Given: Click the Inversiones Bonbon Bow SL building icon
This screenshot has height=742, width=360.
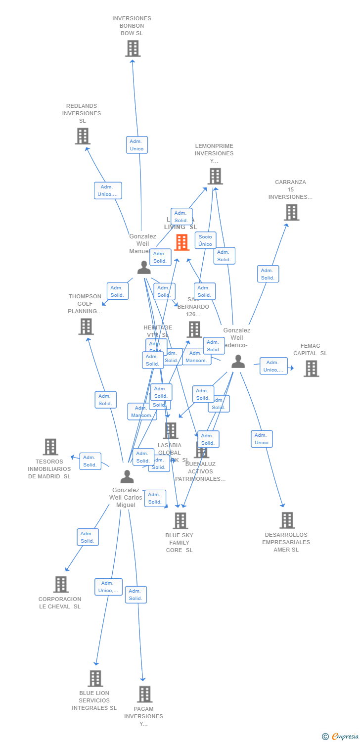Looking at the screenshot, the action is point(133,48).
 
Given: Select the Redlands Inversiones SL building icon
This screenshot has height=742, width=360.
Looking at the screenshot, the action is point(83,136).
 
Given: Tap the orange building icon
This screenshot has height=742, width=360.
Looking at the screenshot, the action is point(181,242).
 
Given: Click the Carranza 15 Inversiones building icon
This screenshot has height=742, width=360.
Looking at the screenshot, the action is point(291,212).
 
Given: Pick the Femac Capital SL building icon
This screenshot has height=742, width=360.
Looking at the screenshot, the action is point(311,369).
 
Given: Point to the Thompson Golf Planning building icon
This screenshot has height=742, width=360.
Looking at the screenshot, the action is point(86,326).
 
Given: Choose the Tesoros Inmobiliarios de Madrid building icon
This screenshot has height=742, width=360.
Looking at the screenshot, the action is point(50,447).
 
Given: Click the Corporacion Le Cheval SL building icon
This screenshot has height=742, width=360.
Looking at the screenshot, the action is point(61,584).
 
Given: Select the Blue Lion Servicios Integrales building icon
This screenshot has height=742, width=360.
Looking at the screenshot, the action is point(95,678).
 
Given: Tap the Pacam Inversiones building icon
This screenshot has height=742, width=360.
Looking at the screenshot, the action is point(144,694).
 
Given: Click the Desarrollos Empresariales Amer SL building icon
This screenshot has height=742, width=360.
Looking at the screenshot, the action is point(287,520).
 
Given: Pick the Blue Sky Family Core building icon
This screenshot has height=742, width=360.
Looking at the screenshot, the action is point(180,520).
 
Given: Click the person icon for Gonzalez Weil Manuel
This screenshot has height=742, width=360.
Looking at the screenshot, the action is point(144,268).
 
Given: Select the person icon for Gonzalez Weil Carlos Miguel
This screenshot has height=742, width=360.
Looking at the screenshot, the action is point(127,477).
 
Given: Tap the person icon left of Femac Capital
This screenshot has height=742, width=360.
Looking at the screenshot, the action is point(238,362).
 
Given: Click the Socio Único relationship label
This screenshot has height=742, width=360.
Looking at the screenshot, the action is point(205,240).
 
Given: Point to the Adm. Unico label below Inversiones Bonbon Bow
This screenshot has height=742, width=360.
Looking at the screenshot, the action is point(136,145).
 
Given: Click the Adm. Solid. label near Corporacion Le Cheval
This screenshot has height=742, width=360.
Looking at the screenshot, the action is point(88,537).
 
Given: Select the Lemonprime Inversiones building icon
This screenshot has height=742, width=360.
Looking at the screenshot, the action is point(215,176).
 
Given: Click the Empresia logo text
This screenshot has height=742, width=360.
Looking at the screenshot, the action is point(345,737).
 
